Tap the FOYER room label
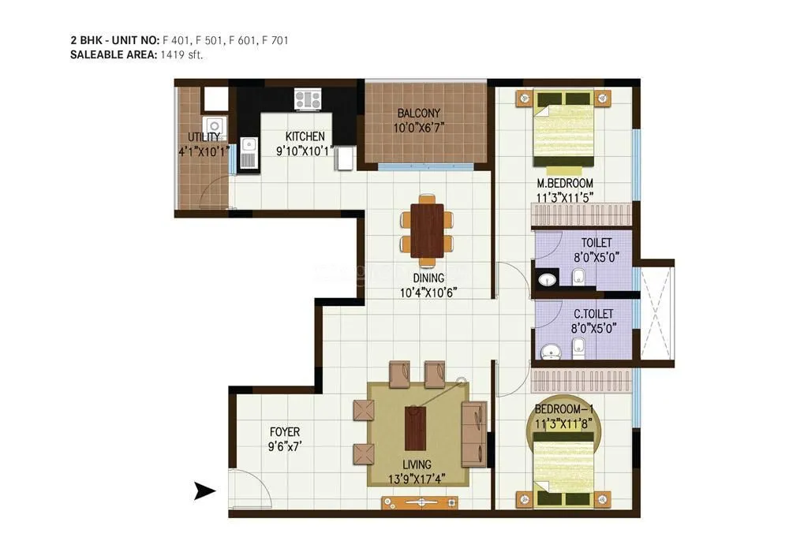coord(284,432)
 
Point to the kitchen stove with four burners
coord(308,99)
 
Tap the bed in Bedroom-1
coord(563,468)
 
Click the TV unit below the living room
coord(419,502)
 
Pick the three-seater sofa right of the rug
coord(475,432)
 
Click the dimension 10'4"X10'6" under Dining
coord(427,292)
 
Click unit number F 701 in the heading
coord(275,39)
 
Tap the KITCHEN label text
coord(305,136)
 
